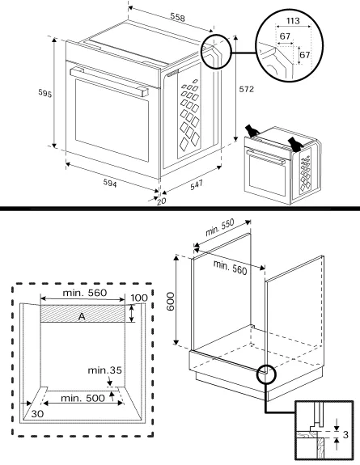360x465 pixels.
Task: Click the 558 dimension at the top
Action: (x=177, y=17)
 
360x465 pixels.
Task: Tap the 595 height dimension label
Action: (x=44, y=93)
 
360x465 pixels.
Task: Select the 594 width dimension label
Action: (x=110, y=184)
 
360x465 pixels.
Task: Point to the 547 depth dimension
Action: (x=197, y=184)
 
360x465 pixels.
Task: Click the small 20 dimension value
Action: (x=162, y=201)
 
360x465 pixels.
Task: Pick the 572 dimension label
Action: (x=246, y=89)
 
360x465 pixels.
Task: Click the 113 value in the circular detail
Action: (x=293, y=21)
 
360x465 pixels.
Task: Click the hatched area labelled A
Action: (x=83, y=314)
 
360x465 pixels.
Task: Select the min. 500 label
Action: (x=83, y=398)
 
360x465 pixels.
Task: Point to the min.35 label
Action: (x=105, y=370)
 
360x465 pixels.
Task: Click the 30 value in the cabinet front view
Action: (x=37, y=414)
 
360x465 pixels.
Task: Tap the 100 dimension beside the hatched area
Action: (x=139, y=298)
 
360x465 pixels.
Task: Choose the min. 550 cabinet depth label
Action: (x=220, y=227)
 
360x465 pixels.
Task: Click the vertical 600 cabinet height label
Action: (x=171, y=302)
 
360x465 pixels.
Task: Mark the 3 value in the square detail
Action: (x=345, y=435)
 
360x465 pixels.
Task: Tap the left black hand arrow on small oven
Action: (x=252, y=131)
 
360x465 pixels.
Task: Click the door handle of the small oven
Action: (x=266, y=157)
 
